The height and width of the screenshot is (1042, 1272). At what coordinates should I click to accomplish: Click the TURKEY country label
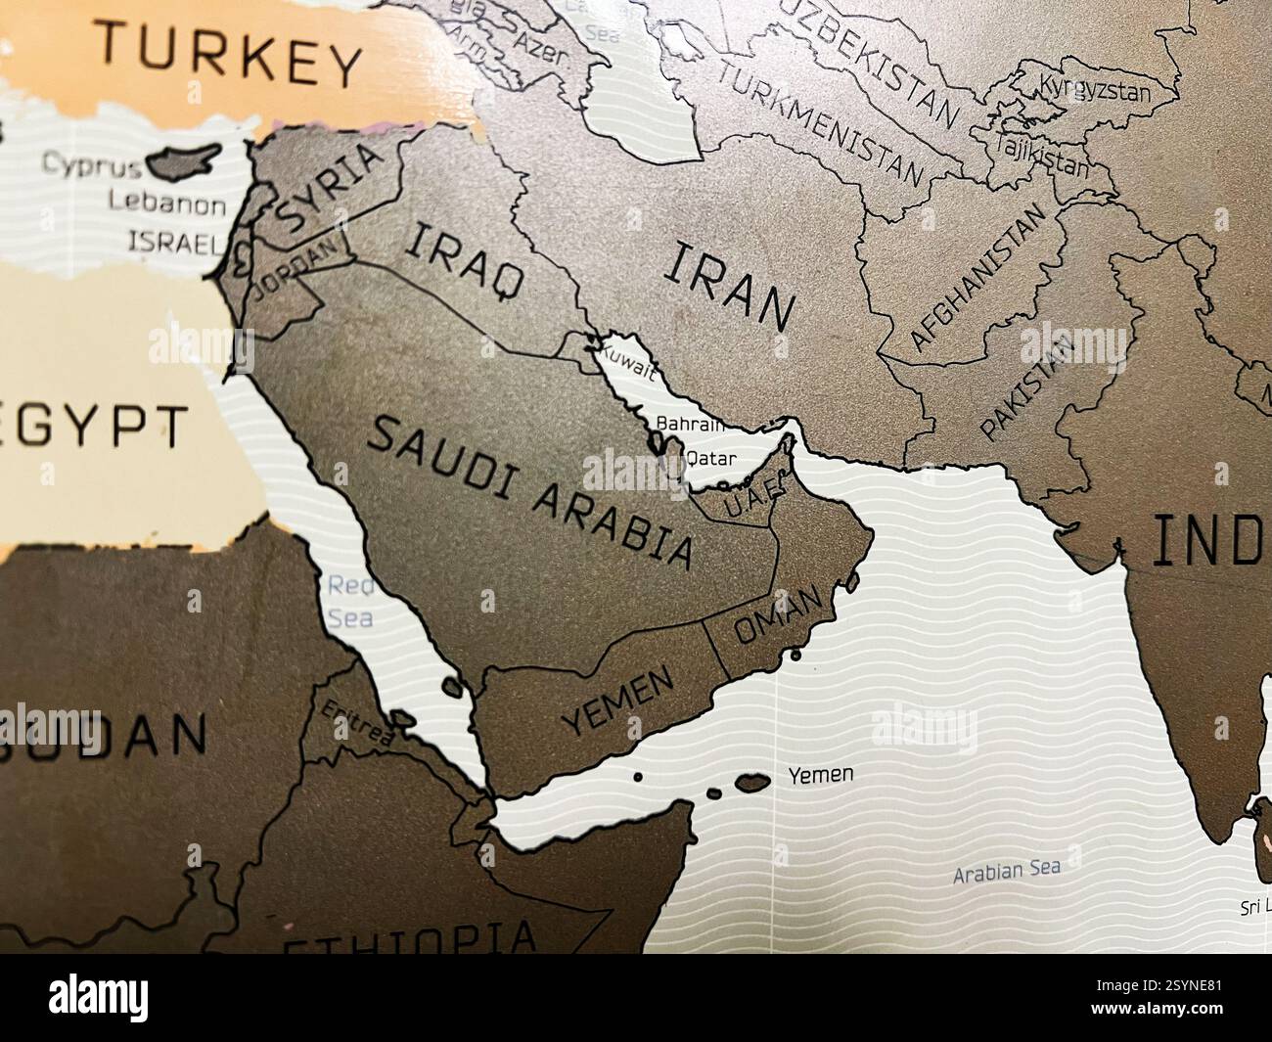pyautogui.click(x=230, y=57)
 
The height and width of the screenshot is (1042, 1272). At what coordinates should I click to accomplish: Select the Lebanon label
pyautogui.click(x=165, y=205)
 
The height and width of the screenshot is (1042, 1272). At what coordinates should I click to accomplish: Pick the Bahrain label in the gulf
pyautogui.click(x=690, y=425)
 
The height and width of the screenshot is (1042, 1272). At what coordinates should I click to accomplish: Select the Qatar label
pyautogui.click(x=711, y=458)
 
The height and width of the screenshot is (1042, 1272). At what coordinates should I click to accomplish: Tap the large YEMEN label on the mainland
pyautogui.click(x=619, y=702)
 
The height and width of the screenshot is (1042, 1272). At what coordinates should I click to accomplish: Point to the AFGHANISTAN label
pyautogui.click(x=977, y=277)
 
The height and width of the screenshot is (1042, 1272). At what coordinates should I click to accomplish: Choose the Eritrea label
pyautogui.click(x=356, y=723)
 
